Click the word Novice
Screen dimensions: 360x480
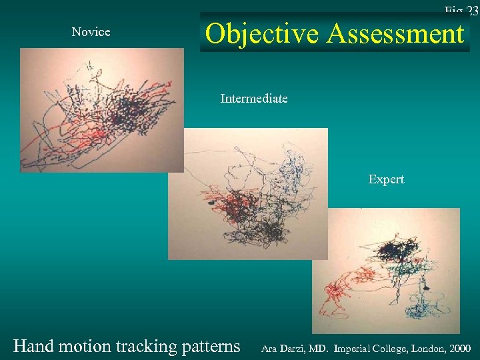pyautogui.click(x=91, y=32)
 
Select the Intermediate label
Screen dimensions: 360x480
pyautogui.click(x=254, y=99)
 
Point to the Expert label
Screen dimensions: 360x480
pyautogui.click(x=386, y=179)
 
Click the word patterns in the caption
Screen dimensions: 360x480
pyautogui.click(x=211, y=346)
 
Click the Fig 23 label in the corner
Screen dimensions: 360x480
pyautogui.click(x=461, y=10)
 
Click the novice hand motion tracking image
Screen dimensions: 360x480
pyautogui.click(x=101, y=110)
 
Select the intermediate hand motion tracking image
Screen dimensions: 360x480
pyautogui.click(x=247, y=193)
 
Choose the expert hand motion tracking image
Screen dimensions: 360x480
pyautogui.click(x=385, y=270)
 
